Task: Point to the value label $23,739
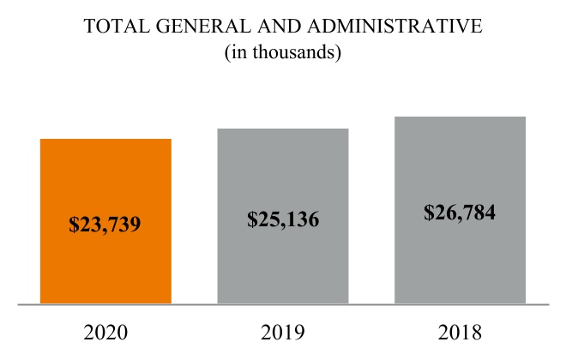click(105, 225)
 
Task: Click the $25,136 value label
click(283, 219)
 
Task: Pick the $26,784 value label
click(460, 212)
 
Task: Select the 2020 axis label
click(105, 332)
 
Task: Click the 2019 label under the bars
click(283, 332)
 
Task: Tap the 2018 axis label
click(460, 332)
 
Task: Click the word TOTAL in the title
click(115, 27)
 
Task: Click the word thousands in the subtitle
click(296, 52)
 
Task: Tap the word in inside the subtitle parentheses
click(236, 52)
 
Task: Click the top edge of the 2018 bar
click(460, 117)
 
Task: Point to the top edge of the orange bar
click(105, 139)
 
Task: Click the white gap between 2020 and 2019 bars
click(195, 223)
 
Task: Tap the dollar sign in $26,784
click(429, 212)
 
